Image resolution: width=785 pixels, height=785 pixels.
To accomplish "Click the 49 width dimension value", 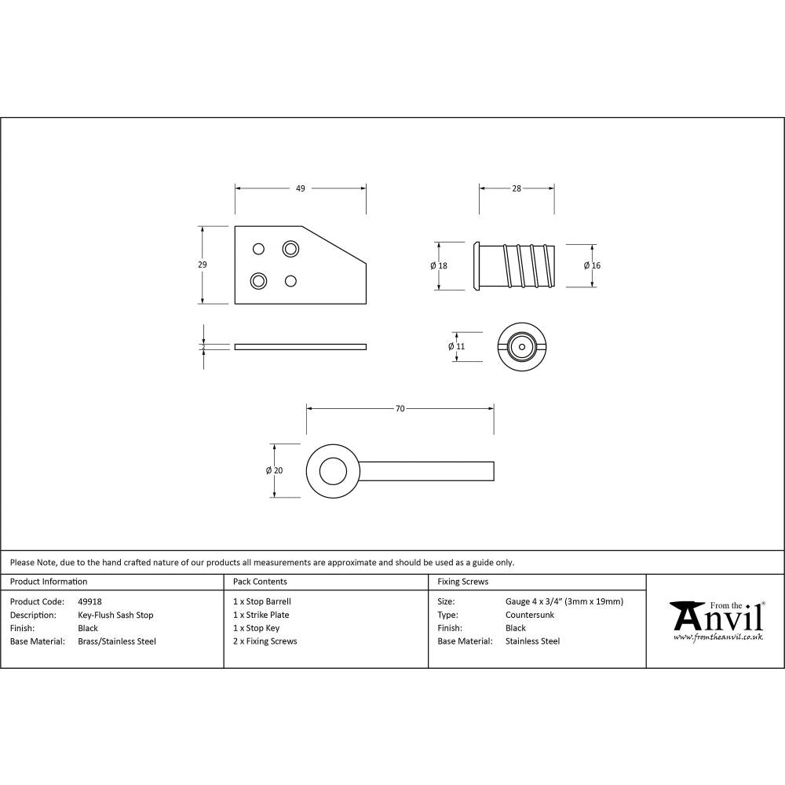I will click(x=300, y=188).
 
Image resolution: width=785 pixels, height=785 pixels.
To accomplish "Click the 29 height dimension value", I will click(x=203, y=265).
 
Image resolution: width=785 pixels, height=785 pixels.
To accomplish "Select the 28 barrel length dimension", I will click(x=517, y=188).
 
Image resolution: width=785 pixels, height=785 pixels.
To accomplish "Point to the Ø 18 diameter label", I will click(x=439, y=266).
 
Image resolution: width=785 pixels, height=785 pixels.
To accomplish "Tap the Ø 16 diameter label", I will click(x=592, y=266).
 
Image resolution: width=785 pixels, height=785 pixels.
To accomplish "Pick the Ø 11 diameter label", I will click(x=457, y=346).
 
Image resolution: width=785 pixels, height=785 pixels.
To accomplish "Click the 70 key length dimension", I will click(x=400, y=409).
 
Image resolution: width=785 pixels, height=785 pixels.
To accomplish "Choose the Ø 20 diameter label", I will click(x=274, y=470).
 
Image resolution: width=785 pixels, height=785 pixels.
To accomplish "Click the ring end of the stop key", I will click(x=332, y=470).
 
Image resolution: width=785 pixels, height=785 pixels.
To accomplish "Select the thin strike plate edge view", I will click(x=300, y=346).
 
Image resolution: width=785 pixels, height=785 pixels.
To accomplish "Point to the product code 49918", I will click(x=90, y=602).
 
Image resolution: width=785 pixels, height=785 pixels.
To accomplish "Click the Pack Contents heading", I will click(x=260, y=582).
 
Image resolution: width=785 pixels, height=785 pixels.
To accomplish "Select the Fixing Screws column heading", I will click(x=462, y=582).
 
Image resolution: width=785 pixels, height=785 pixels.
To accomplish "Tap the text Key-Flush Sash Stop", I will click(x=115, y=615).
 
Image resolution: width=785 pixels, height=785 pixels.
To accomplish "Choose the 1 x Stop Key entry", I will click(x=256, y=628).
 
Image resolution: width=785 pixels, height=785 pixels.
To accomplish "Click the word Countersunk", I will click(x=530, y=615).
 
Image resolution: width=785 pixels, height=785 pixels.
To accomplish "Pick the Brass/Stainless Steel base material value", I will click(x=117, y=641).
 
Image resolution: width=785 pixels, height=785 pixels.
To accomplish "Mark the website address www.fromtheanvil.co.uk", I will click(x=717, y=637).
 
